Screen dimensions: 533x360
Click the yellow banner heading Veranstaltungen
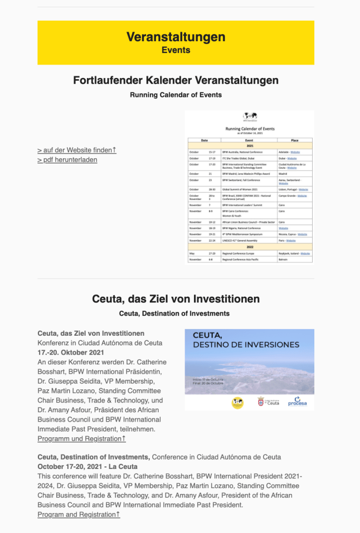pos(176,37)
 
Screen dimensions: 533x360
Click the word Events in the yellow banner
pos(176,50)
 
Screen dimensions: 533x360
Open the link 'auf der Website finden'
pos(77,150)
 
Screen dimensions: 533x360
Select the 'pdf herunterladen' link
pos(67,160)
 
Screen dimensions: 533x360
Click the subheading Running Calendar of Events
pos(176,95)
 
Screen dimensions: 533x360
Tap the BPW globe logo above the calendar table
pos(250,116)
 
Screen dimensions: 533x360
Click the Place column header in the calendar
pos(295,140)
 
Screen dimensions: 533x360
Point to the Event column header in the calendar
pos(249,140)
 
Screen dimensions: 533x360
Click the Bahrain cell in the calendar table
pos(284,259)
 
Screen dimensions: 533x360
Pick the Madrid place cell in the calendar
pos(284,173)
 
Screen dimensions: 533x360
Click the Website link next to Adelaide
pos(295,152)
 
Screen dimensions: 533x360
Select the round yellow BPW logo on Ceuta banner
pos(238,402)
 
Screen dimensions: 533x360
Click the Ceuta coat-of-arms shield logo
pos(261,401)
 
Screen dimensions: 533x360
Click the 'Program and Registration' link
pos(79,514)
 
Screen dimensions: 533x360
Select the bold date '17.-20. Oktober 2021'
pos(71,353)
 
